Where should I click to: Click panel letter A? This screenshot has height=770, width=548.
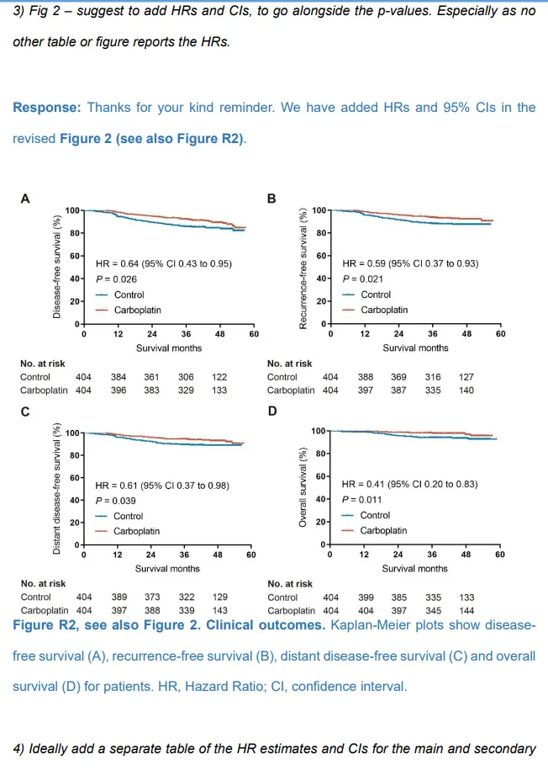25,199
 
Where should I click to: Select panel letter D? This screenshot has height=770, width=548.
271,412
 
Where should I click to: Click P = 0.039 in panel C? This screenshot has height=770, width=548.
116,501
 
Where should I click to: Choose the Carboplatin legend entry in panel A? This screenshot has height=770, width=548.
137,310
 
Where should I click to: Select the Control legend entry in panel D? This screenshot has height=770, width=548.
375,515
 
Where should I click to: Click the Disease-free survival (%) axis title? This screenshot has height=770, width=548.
56,266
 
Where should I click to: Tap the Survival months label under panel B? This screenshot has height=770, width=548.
415,348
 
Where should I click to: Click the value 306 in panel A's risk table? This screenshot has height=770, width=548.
186,377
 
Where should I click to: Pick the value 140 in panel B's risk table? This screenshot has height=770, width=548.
466,390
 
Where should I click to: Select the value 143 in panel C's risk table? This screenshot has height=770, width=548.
219,610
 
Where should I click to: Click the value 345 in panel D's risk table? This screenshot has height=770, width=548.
434,610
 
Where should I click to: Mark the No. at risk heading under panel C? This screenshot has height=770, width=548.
43,583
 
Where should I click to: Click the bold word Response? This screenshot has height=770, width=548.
45,108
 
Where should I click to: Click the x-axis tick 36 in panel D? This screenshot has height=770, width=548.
431,555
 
